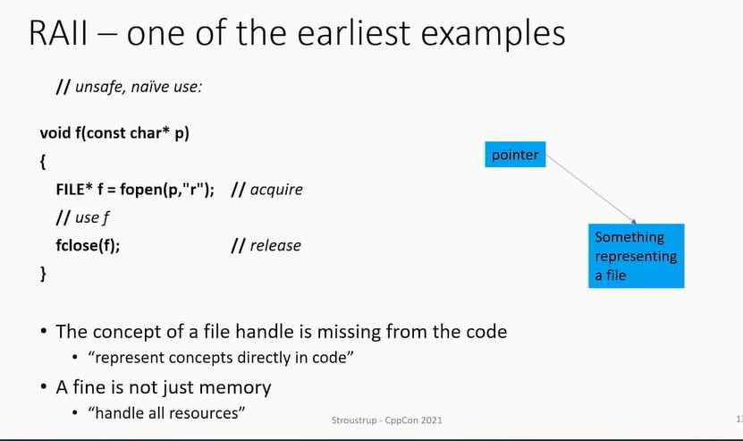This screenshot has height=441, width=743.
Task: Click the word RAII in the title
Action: click(58, 33)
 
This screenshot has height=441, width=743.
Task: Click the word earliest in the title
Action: click(353, 33)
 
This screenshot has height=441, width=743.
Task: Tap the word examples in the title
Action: click(493, 35)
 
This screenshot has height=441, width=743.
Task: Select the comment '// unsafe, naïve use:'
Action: click(129, 87)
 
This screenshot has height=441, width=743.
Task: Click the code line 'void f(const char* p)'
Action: click(114, 133)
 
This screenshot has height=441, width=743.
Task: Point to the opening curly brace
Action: click(43, 162)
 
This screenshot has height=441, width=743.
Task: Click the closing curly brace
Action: click(43, 274)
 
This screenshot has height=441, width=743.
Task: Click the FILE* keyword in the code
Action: click(74, 190)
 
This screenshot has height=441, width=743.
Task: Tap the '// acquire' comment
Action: click(266, 190)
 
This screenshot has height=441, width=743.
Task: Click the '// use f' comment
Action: click(82, 217)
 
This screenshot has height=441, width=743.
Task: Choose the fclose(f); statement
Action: click(88, 246)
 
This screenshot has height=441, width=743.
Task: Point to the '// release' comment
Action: click(266, 246)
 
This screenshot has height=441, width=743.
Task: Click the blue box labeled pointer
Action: click(515, 155)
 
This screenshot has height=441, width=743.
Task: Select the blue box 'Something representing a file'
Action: click(637, 256)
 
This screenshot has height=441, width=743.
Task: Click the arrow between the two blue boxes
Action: click(591, 189)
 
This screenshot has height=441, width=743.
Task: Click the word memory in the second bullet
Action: click(235, 388)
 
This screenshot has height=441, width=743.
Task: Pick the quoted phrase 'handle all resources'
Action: click(166, 413)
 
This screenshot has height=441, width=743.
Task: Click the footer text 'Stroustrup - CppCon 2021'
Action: click(386, 420)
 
